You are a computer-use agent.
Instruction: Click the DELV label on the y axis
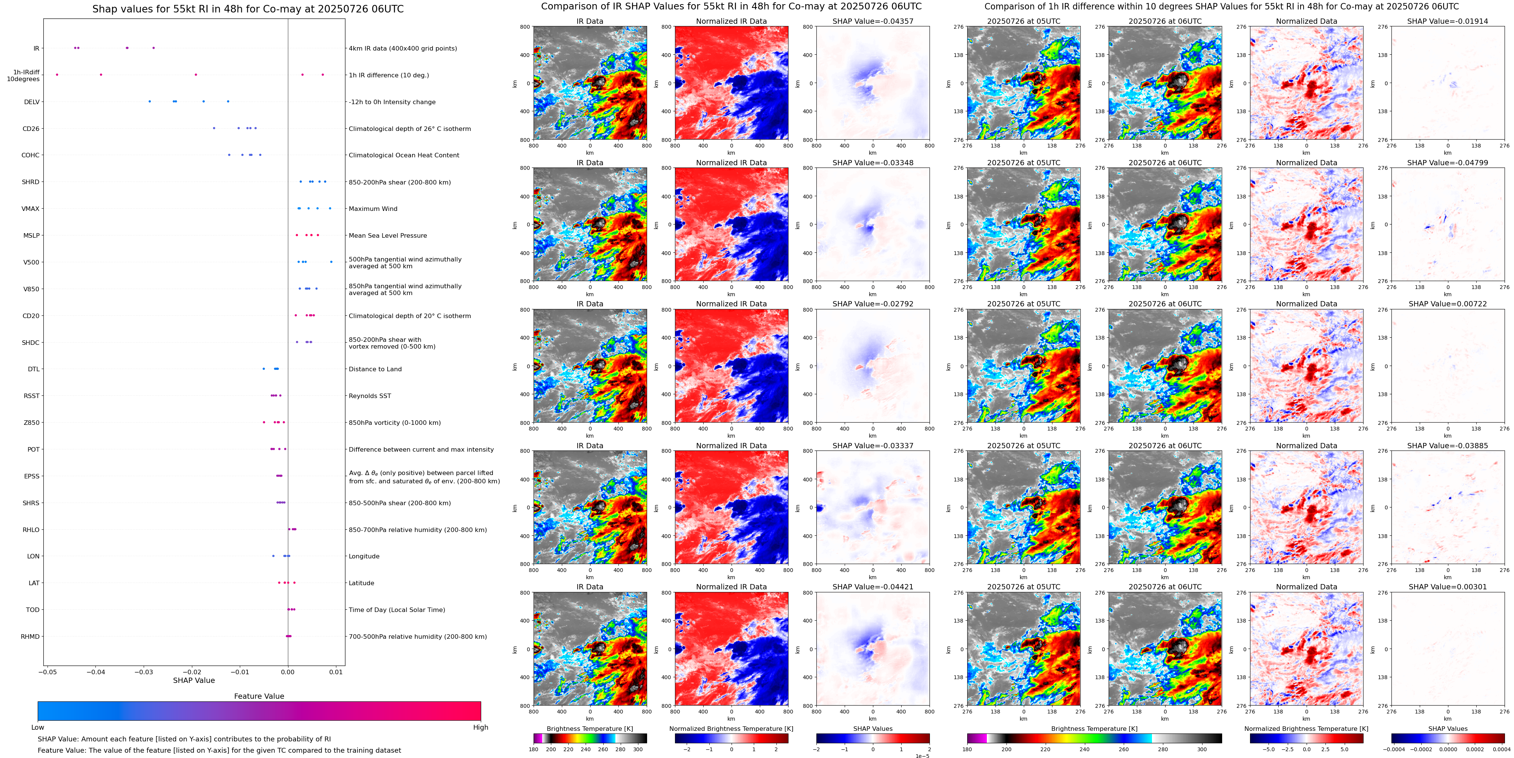pyautogui.click(x=32, y=102)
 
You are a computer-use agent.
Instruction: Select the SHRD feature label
pyautogui.click(x=31, y=182)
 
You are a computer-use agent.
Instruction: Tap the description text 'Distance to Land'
pyautogui.click(x=375, y=369)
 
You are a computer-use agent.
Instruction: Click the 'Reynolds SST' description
pyautogui.click(x=369, y=396)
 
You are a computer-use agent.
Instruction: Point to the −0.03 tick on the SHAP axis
pyautogui.click(x=144, y=672)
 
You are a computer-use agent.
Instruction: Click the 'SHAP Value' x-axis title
pyautogui.click(x=193, y=680)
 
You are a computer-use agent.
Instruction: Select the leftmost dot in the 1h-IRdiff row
pyautogui.click(x=57, y=75)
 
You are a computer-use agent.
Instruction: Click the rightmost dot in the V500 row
pyautogui.click(x=331, y=262)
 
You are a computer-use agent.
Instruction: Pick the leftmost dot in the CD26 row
pyautogui.click(x=214, y=128)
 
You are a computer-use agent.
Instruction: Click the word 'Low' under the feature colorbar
pyautogui.click(x=38, y=727)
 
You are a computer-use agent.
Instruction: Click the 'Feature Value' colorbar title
pyautogui.click(x=259, y=696)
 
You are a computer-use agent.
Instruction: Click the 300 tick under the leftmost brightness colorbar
pyautogui.click(x=638, y=749)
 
